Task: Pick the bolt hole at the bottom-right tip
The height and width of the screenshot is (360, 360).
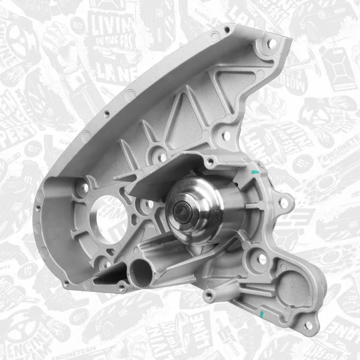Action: [307, 325]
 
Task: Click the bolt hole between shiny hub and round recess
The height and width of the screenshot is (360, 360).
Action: [260, 259]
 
